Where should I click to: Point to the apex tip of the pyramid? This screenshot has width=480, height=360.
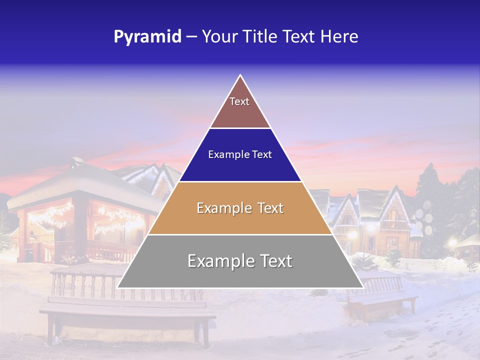[x=240, y=75]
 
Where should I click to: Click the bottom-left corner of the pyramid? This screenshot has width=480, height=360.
[x=118, y=287]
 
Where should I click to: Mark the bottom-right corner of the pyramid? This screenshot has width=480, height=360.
[x=362, y=287]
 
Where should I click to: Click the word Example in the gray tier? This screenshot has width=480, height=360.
[x=218, y=261]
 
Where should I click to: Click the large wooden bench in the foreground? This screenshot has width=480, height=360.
[x=127, y=312]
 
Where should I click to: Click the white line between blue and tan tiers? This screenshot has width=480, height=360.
[x=240, y=181]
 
